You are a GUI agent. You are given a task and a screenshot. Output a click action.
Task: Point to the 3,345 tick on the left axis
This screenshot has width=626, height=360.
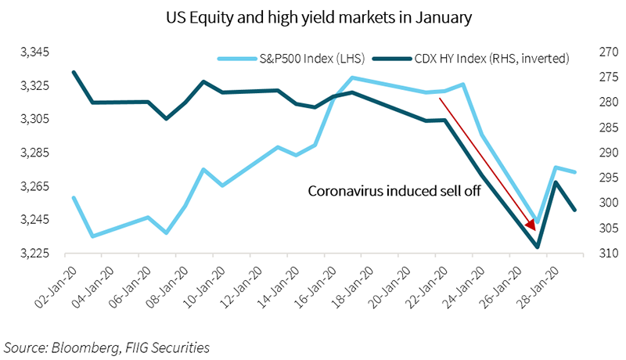tap(34, 52)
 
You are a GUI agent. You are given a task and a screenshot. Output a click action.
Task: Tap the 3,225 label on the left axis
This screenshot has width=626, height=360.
tap(34, 254)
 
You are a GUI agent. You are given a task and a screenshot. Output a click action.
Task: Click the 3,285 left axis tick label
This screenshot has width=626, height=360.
tap(34, 153)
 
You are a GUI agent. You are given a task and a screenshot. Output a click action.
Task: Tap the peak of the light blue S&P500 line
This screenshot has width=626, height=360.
tap(352, 77)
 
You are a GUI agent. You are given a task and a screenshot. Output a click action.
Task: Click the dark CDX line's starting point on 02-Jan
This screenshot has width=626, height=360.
tap(74, 72)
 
